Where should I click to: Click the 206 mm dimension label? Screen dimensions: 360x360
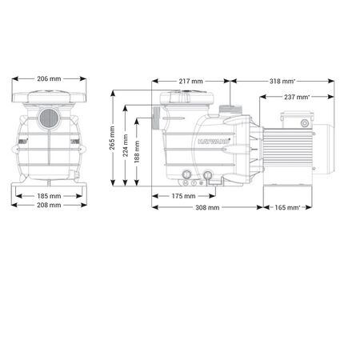[x=49, y=80]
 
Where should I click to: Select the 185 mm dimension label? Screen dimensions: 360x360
[x=49, y=195]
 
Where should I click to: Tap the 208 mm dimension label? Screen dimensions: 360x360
[x=49, y=206]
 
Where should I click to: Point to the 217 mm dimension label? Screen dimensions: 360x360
[x=191, y=82]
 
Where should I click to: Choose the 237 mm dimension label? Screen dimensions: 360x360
[x=296, y=98]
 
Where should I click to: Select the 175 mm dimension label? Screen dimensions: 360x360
[x=184, y=196]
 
